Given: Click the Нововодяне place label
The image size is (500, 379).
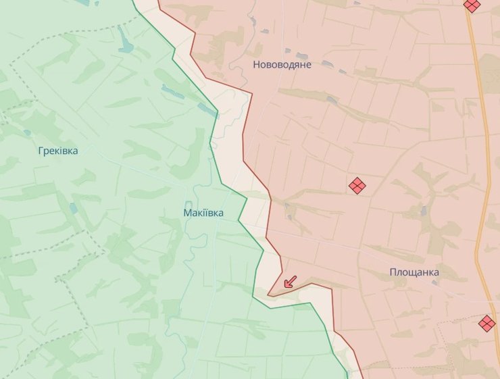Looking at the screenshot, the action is (x=282, y=65).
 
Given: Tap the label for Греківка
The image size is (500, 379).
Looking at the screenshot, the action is (x=58, y=151).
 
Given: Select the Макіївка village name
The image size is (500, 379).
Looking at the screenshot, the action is (x=203, y=213).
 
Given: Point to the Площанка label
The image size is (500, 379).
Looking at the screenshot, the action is (x=414, y=272).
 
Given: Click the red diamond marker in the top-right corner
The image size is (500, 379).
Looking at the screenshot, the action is (x=472, y=5).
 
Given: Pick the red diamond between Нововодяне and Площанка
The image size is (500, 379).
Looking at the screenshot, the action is (x=357, y=185).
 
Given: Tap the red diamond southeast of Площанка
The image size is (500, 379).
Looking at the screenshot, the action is (x=486, y=323).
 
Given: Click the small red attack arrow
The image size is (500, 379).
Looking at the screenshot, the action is (x=289, y=282).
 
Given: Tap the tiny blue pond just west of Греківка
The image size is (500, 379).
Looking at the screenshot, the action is (x=27, y=132).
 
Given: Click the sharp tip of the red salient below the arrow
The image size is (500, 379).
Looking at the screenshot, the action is (x=268, y=295).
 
